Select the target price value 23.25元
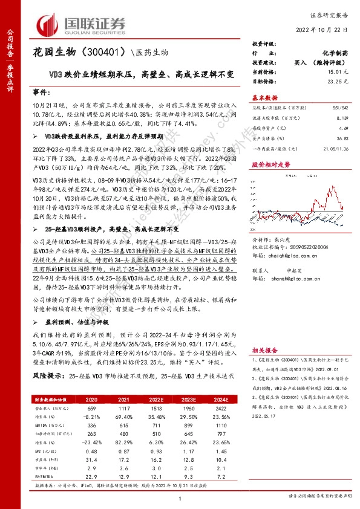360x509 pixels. coord(336,80)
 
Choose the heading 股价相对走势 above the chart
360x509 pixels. coord(270,164)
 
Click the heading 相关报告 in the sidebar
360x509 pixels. coord(264,349)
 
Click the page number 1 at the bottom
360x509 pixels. coord(180,498)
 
